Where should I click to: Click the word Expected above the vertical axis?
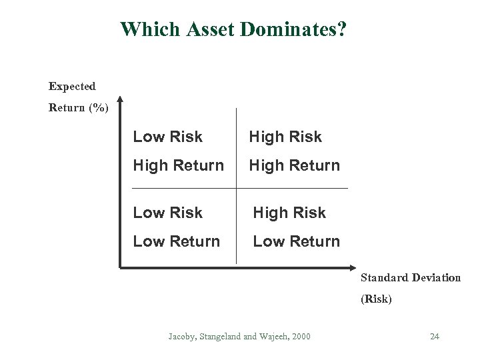click(72, 86)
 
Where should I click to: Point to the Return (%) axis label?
click(78, 107)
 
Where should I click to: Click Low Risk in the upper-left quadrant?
click(167, 137)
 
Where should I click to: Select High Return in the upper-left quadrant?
click(178, 165)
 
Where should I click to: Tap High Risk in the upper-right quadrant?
click(285, 137)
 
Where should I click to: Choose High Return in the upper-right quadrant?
click(294, 165)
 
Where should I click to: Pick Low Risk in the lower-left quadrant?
click(167, 213)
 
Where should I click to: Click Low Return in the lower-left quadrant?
click(176, 241)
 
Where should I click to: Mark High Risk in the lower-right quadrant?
click(289, 213)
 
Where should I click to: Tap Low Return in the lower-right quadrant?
click(296, 241)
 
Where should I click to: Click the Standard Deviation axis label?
click(411, 277)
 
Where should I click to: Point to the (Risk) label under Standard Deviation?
click(376, 299)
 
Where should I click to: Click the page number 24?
click(434, 336)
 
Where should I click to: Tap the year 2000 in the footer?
click(299, 336)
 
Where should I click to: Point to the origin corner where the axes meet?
click(120, 268)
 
